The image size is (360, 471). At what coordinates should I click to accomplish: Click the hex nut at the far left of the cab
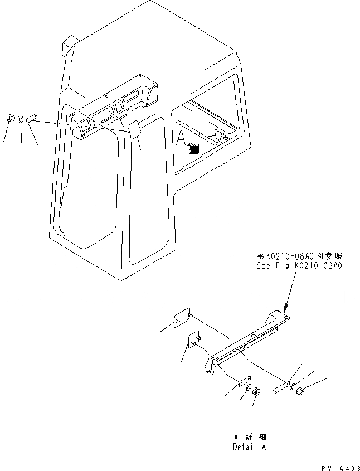point(9,118)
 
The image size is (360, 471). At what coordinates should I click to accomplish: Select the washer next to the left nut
point(20,119)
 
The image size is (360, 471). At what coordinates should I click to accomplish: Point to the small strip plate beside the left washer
point(32,118)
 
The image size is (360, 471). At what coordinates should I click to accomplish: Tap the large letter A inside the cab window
point(181,139)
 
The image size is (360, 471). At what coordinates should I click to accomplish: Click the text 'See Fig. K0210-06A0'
point(299,266)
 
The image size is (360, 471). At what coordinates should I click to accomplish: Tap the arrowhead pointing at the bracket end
point(285,307)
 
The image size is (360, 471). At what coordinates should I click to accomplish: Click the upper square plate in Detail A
point(182,317)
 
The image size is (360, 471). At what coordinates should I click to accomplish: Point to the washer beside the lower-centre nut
point(249,388)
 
